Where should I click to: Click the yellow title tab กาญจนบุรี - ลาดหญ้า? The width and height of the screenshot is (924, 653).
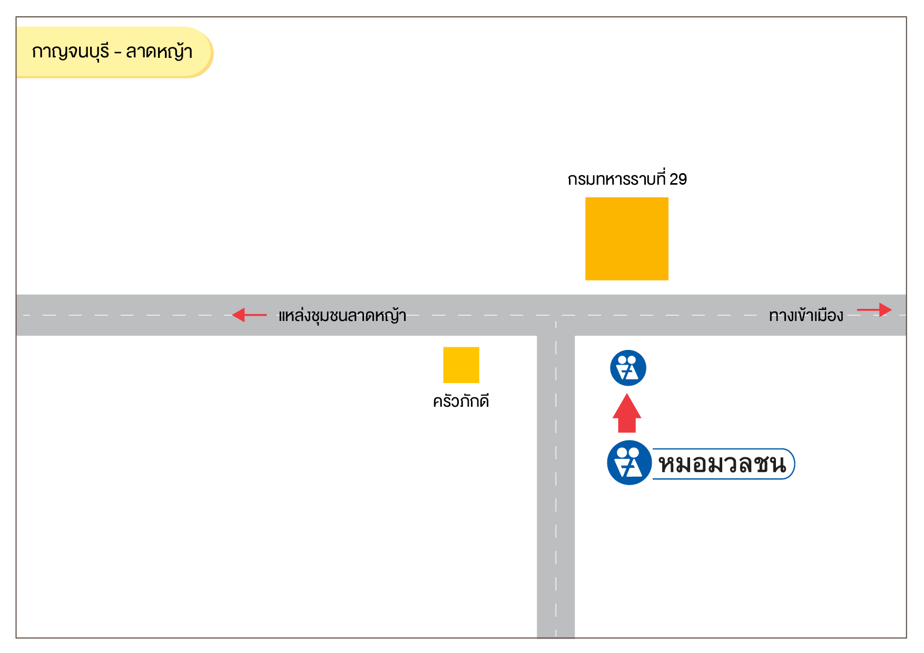(114, 52)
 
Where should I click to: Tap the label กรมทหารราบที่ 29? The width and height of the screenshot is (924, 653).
(627, 179)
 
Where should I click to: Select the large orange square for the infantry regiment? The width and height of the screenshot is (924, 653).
(627, 239)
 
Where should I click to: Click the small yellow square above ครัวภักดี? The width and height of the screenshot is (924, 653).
(461, 365)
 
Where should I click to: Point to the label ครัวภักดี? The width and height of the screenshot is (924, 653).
(461, 401)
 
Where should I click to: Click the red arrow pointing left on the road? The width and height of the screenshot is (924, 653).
(249, 315)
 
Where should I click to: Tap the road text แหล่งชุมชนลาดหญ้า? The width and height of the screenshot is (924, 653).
(342, 316)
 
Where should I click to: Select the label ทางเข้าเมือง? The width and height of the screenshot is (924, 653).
(806, 316)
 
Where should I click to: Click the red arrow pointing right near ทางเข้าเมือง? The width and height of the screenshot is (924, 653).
(874, 310)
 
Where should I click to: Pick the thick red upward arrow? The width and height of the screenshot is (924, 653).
(627, 413)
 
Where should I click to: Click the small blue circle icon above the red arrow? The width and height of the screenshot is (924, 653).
(628, 368)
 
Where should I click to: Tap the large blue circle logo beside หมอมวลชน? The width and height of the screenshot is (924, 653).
(630, 463)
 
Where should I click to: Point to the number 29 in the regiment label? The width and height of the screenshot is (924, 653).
(678, 179)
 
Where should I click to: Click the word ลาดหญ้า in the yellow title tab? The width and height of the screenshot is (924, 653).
(159, 52)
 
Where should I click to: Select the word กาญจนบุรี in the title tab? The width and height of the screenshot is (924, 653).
(71, 52)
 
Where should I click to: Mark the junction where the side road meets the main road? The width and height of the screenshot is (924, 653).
(556, 315)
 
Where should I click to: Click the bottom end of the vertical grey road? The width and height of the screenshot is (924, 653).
(556, 637)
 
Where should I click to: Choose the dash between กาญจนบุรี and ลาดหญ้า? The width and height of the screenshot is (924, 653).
(117, 53)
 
